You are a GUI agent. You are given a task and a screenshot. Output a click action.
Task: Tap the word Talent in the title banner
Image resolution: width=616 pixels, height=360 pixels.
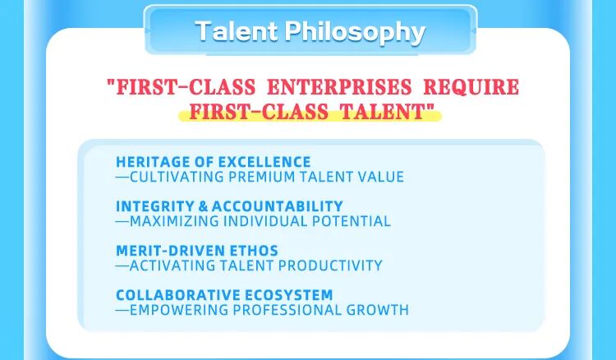(236, 32)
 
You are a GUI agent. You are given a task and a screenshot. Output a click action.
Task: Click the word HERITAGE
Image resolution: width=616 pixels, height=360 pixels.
(146, 162)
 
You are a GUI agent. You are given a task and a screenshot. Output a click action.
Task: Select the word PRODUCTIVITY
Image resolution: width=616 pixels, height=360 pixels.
(333, 265)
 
